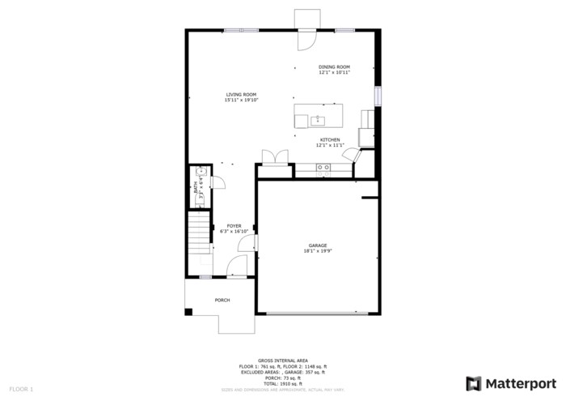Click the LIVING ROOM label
click(241, 95)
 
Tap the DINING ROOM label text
click(334, 67)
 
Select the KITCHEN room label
click(329, 140)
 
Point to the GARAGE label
click(318, 245)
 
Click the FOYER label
click(234, 226)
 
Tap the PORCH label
click(222, 301)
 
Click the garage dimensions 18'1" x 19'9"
click(318, 251)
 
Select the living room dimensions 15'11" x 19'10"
click(241, 100)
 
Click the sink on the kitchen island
click(318, 122)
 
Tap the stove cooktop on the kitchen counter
click(323, 169)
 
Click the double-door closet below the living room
click(275, 158)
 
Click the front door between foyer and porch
click(237, 267)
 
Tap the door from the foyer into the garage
click(251, 242)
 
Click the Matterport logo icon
click(474, 383)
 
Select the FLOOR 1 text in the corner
click(21, 390)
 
